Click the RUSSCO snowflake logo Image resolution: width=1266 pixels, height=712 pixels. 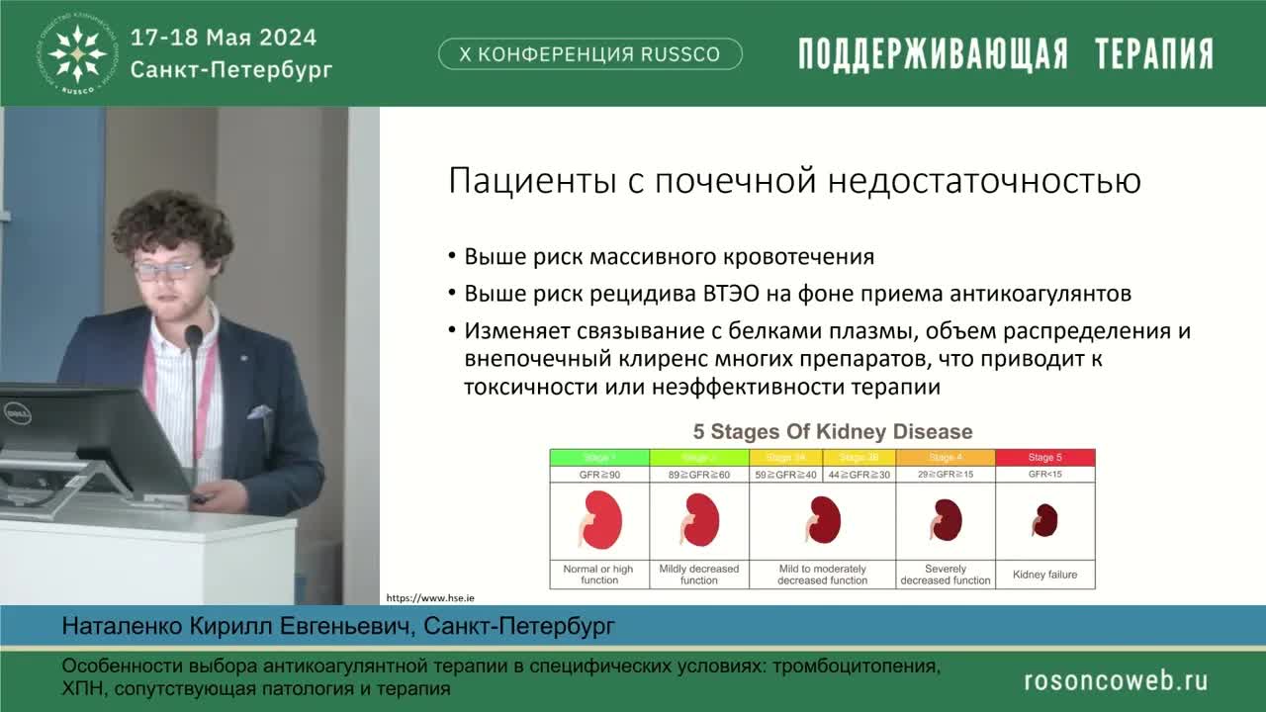[78, 52]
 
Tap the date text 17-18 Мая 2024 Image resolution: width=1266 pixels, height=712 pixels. [224, 38]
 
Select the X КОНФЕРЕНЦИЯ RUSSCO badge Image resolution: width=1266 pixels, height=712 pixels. [589, 54]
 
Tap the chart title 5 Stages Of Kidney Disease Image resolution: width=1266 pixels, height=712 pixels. [832, 432]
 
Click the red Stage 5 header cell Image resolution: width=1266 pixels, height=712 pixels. [1045, 457]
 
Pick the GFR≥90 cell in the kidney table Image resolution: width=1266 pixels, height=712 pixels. [599, 475]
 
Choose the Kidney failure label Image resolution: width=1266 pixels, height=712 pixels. [1045, 575]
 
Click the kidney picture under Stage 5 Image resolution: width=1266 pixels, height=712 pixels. [1044, 520]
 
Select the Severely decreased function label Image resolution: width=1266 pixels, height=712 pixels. [945, 575]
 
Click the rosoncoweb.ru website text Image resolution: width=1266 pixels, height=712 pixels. [1115, 680]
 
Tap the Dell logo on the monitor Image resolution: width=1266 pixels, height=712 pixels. [17, 412]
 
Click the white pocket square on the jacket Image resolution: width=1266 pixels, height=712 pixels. [259, 411]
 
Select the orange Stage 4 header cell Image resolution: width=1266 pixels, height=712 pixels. [945, 457]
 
